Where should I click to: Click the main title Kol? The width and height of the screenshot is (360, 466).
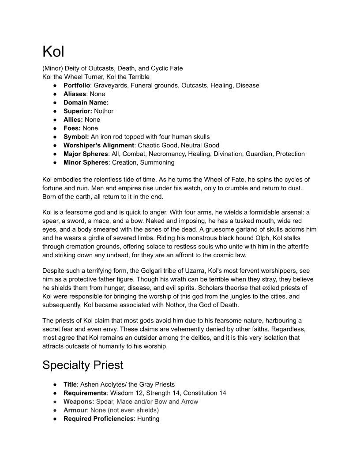point(53,52)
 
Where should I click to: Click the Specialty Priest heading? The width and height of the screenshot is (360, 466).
point(82,365)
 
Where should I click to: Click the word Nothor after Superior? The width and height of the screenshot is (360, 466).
point(104,111)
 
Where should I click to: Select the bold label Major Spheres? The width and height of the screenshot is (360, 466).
point(86,154)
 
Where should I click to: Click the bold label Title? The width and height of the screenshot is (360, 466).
point(70,384)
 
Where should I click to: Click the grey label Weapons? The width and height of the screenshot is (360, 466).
point(79,402)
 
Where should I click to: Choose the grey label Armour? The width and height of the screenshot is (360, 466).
point(75,410)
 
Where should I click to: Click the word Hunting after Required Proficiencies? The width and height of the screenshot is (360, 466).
point(148,419)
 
